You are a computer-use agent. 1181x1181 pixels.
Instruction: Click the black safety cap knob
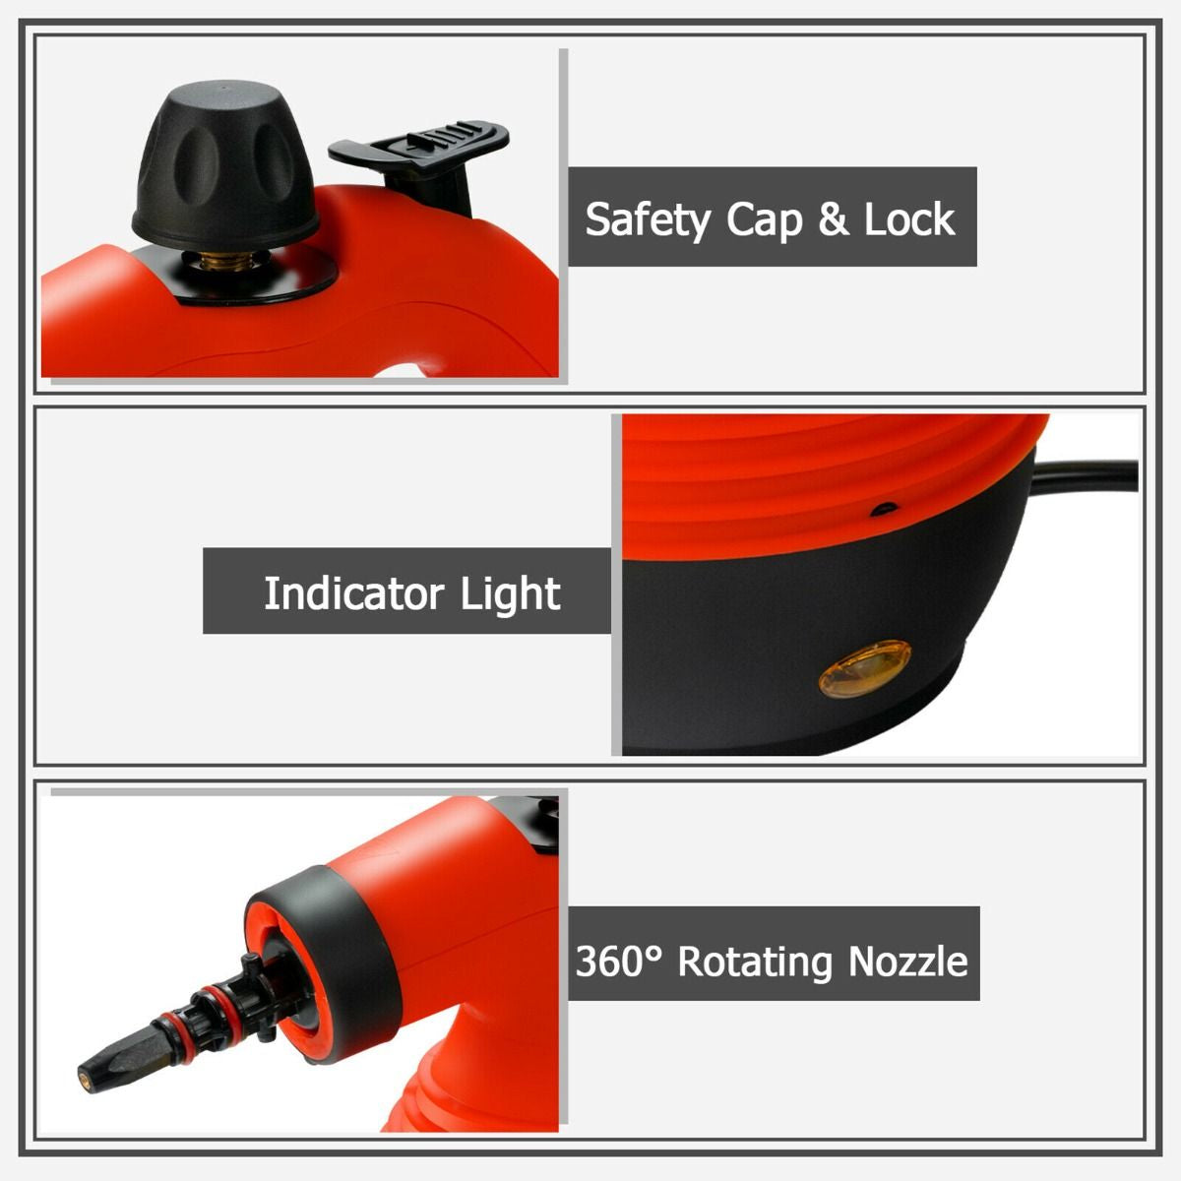pos(225,164)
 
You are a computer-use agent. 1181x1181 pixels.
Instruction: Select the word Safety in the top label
pos(648,220)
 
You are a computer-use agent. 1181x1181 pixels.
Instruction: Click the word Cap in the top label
pos(765,220)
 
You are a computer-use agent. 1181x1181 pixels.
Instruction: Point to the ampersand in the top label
pos(835,219)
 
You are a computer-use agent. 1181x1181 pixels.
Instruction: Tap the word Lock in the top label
pos(909,219)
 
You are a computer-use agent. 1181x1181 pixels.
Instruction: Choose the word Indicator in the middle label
pos(353,592)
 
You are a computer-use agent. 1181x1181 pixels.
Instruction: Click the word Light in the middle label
pos(511,593)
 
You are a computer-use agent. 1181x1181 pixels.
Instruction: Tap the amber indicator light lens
pos(865,669)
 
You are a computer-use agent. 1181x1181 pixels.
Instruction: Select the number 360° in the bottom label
pos(620,961)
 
